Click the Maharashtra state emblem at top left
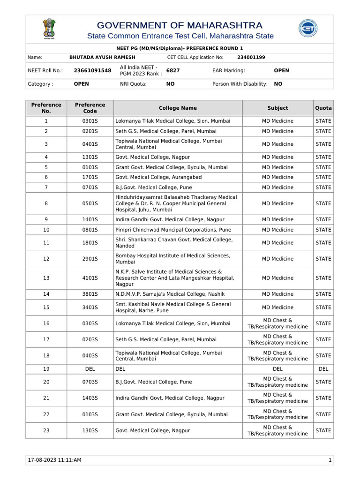[x=49, y=29]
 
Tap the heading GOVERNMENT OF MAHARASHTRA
[x=180, y=25]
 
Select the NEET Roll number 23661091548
[x=93, y=70]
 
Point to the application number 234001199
[x=251, y=57]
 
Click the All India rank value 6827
[x=173, y=70]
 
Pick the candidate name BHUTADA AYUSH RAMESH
[x=102, y=57]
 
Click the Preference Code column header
[x=90, y=108]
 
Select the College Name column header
[x=178, y=108]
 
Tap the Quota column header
[x=323, y=108]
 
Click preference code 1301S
[x=90, y=157]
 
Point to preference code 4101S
[x=90, y=278]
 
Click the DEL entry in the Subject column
[x=277, y=369]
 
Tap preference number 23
[x=46, y=430]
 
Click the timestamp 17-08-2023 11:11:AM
[x=55, y=460]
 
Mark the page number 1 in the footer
[x=330, y=460]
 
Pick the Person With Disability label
[x=240, y=84]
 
